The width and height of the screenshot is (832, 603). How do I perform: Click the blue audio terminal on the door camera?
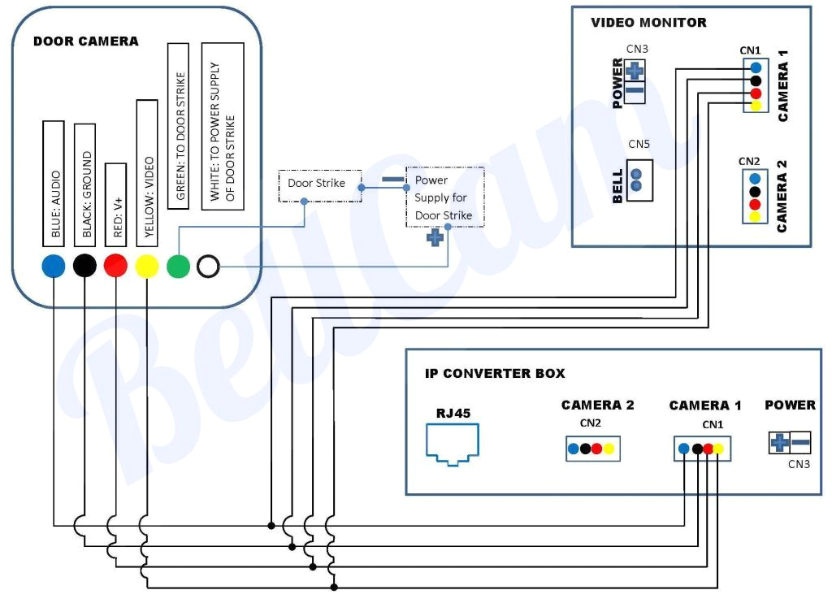(x=53, y=266)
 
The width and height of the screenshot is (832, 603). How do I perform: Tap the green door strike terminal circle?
(x=178, y=266)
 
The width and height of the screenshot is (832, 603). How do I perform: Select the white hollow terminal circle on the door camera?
(x=209, y=266)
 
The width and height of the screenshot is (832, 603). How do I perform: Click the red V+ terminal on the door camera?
(x=115, y=266)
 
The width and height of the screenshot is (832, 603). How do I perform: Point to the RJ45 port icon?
(x=453, y=443)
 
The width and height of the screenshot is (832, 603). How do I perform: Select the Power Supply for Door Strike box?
(x=444, y=197)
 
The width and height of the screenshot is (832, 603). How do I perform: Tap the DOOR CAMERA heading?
(x=85, y=41)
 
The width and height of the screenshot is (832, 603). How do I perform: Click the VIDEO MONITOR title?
(x=648, y=23)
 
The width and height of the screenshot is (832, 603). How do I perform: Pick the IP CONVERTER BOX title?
(x=495, y=374)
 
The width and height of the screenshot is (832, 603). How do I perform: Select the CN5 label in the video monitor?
(x=639, y=144)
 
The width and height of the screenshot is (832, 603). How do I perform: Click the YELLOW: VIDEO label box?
(x=146, y=171)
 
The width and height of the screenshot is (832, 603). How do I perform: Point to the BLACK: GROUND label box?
(x=84, y=184)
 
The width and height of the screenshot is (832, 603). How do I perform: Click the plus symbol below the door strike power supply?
(x=435, y=238)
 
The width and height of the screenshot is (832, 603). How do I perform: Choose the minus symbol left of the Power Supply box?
(x=392, y=180)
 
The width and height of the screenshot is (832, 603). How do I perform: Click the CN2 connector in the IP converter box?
(x=592, y=449)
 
